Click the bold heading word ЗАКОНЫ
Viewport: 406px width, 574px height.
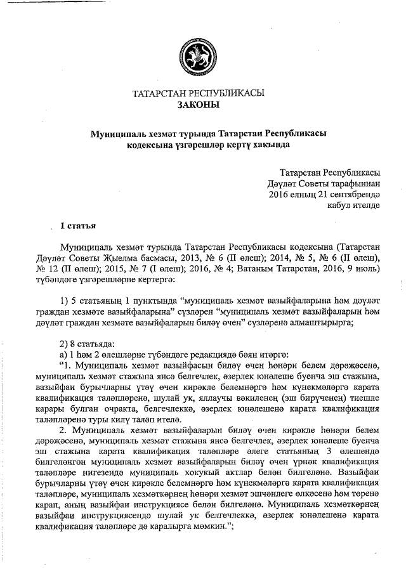point(199,105)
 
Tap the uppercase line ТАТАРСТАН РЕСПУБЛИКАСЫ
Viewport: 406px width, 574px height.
point(198,93)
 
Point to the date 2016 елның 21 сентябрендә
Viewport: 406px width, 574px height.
point(324,194)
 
